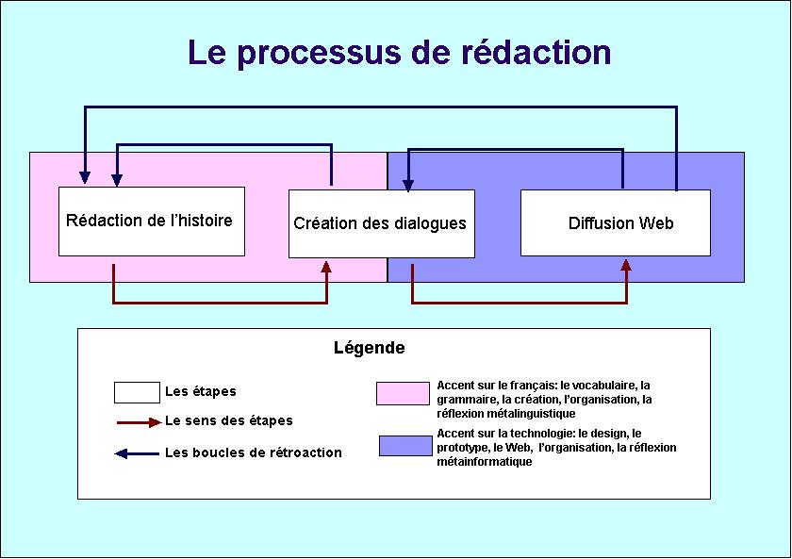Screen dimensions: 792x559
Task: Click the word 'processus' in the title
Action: pyautogui.click(x=320, y=54)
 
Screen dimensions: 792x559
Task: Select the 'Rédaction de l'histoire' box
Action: pyautogui.click(x=152, y=222)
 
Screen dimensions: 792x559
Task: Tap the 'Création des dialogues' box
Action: pyautogui.click(x=381, y=223)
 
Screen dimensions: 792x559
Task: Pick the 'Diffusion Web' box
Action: pyautogui.click(x=615, y=222)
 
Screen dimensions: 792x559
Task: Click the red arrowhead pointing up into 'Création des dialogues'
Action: pyautogui.click(x=326, y=267)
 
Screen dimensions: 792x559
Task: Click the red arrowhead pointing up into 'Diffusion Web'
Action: pyautogui.click(x=626, y=266)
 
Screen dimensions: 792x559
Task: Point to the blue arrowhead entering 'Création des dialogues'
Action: pyautogui.click(x=408, y=186)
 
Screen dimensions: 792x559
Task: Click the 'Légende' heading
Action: pyautogui.click(x=370, y=348)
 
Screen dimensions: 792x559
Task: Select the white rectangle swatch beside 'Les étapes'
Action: pyautogui.click(x=137, y=392)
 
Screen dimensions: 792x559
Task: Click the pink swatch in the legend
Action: pyautogui.click(x=403, y=393)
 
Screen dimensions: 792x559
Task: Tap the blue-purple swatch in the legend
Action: pyautogui.click(x=405, y=446)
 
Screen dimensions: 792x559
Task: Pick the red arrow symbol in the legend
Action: pyautogui.click(x=139, y=422)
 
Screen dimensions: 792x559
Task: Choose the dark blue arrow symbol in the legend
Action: pyautogui.click(x=137, y=453)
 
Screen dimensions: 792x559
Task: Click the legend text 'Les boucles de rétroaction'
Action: pyautogui.click(x=254, y=452)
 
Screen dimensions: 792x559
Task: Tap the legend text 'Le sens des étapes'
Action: pyautogui.click(x=229, y=420)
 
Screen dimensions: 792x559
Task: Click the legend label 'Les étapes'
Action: pyautogui.click(x=201, y=391)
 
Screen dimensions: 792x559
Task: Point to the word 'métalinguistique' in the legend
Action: pyautogui.click(x=505, y=414)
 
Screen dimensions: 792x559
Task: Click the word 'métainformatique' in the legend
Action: pyautogui.click(x=484, y=462)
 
